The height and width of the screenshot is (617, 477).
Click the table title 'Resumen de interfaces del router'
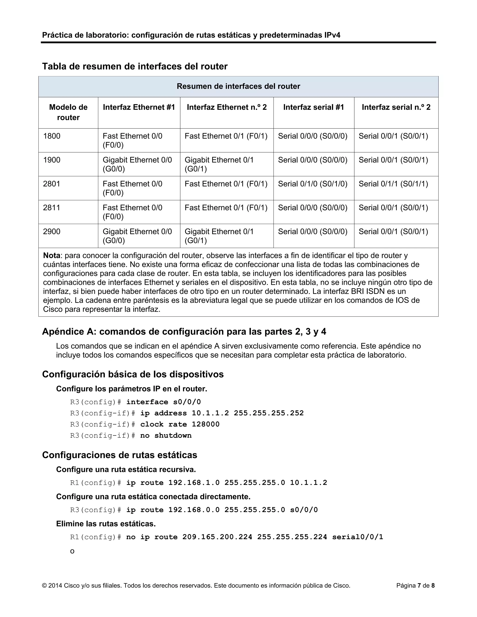[238, 86]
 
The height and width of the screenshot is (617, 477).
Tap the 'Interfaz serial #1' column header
[313, 107]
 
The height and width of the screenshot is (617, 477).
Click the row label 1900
[52, 160]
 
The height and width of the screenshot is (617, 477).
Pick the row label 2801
[52, 184]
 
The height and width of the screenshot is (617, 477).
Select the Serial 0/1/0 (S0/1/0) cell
[313, 184]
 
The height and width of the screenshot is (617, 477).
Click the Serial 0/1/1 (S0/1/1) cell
[393, 184]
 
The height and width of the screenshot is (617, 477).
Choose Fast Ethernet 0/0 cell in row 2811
[132, 212]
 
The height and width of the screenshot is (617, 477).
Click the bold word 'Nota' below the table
[51, 256]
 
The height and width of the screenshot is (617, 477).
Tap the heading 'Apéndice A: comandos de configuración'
[184, 331]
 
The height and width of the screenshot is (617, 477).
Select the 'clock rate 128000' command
[180, 424]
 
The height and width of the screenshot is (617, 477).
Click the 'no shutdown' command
[166, 435]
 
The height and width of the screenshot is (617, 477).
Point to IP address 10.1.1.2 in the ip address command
[210, 413]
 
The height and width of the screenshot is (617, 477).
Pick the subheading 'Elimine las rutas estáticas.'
[106, 524]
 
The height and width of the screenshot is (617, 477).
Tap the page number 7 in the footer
[419, 586]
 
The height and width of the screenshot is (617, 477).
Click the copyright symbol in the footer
[44, 586]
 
